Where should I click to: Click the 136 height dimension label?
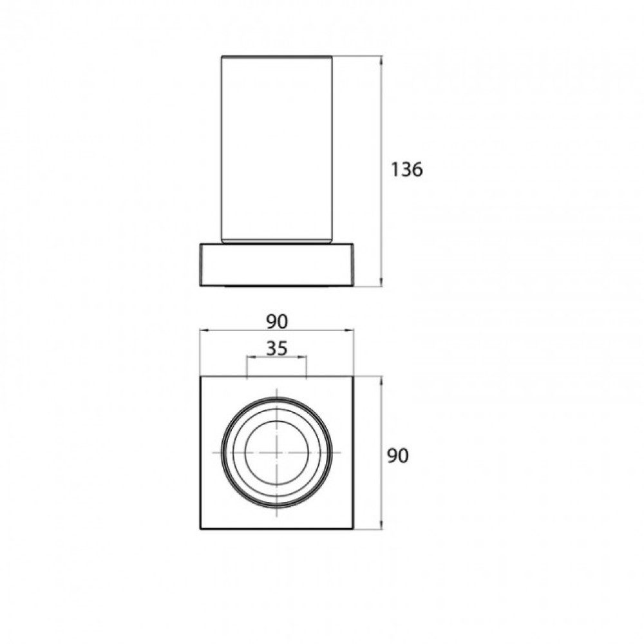click(x=406, y=169)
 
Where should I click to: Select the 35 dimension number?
click(x=276, y=348)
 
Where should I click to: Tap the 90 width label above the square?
click(x=277, y=321)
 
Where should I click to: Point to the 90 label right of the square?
click(x=397, y=456)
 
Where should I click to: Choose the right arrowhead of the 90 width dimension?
click(x=349, y=330)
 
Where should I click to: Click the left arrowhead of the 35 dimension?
click(x=251, y=357)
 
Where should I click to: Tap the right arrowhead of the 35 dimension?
click(x=302, y=357)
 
